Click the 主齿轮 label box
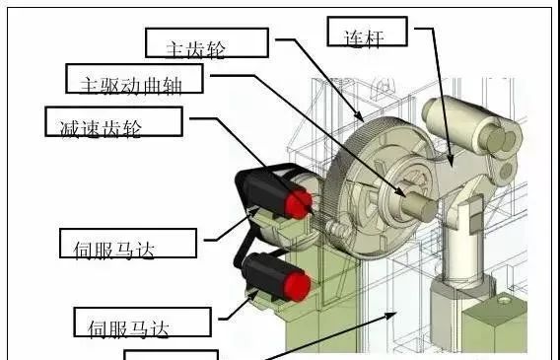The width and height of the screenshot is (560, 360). pos(207,42)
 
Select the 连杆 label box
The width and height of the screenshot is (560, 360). pos(367,32)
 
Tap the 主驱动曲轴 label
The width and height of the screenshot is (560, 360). pos(134,79)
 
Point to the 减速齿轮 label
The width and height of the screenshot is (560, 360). pos(114,121)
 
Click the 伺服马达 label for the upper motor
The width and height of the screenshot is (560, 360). pos(128,244)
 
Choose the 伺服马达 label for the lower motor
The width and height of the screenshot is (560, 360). pos(143,323)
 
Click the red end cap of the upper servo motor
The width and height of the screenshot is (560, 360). pos(298,204)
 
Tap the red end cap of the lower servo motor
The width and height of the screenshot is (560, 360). pos(297,287)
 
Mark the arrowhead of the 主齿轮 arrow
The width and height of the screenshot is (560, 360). pos(360,117)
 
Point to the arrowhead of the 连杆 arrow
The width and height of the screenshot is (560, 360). pos(451,161)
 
